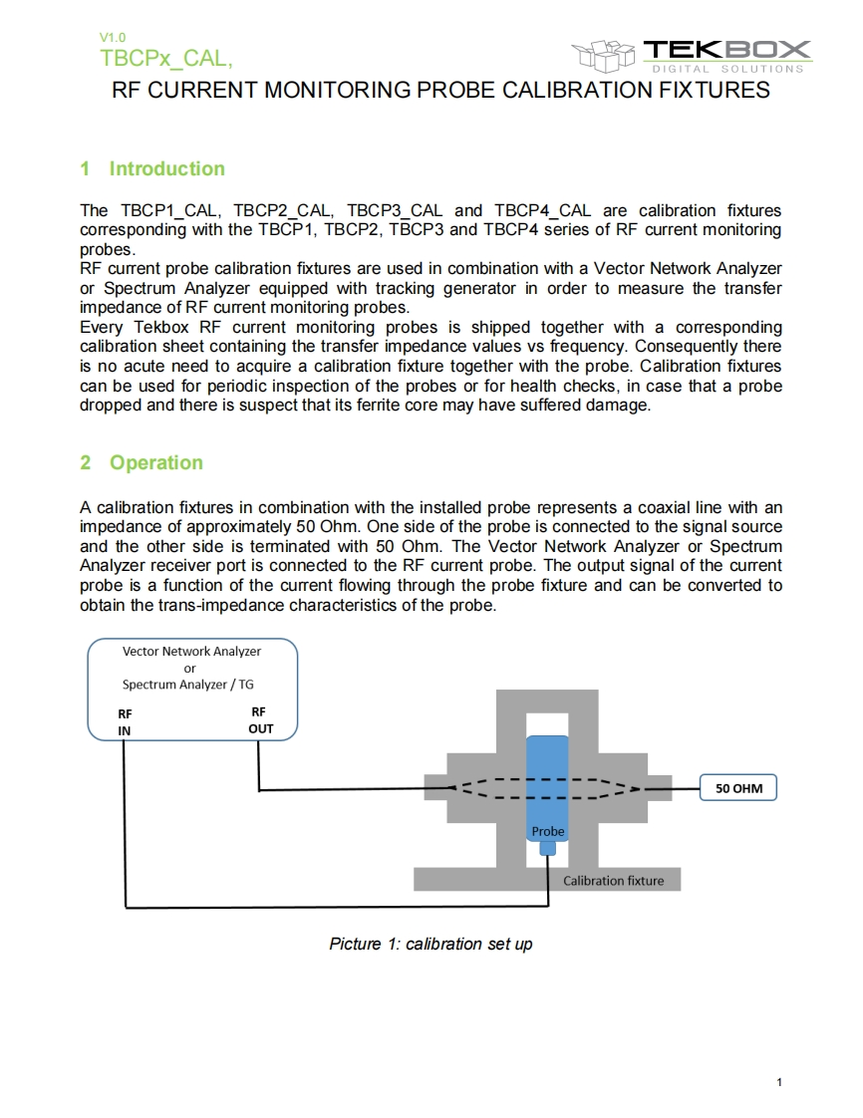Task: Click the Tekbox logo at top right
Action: pos(692,54)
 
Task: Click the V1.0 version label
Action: pos(113,38)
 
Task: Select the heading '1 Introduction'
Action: pos(152,168)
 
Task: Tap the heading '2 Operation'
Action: pos(142,462)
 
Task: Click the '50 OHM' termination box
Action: pos(738,788)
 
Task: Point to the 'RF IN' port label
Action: pos(125,721)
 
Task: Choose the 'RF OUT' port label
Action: pos(259,719)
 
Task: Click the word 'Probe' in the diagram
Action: pos(547,831)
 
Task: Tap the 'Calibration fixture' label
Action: pos(613,881)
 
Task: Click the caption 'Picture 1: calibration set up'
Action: pos(431,944)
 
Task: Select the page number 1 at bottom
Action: pos(778,1082)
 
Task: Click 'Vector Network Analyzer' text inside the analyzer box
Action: pos(191,652)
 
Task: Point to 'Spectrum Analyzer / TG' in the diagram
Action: pos(188,685)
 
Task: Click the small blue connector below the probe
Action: pos(547,848)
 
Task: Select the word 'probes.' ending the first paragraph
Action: pos(105,249)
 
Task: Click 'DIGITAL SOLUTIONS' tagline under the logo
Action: pos(727,69)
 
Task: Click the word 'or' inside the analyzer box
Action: pos(190,668)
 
